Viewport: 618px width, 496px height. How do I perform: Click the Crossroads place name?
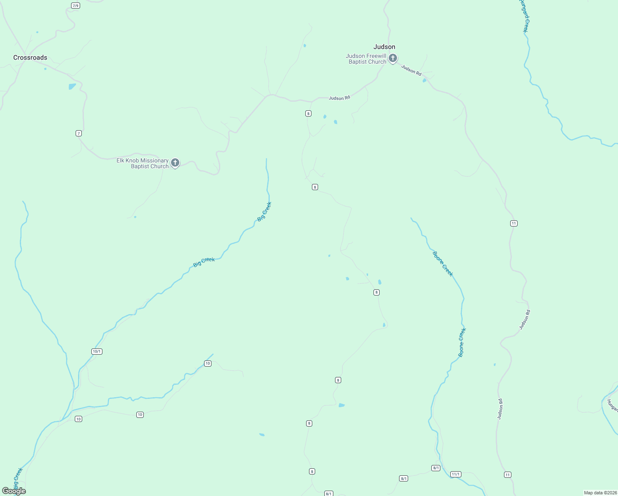point(30,57)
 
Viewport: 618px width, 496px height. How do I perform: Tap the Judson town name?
point(384,47)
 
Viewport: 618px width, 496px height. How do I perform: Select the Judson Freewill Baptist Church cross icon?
point(393,58)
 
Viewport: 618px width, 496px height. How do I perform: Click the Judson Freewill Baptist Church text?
point(366,59)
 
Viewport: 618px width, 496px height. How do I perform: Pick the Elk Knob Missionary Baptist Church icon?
point(175,163)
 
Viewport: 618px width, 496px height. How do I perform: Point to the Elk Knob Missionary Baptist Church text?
point(143,163)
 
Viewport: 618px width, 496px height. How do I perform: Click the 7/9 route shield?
point(75,5)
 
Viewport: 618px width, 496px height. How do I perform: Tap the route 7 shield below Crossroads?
point(78,133)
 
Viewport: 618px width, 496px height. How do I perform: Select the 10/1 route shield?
point(97,351)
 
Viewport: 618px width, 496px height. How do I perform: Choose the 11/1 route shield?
point(456,474)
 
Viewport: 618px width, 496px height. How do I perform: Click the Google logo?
point(14,491)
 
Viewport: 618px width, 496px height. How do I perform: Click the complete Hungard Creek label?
point(524,16)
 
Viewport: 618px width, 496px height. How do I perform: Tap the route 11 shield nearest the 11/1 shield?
point(508,475)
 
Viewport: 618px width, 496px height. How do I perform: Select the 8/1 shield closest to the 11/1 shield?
point(436,468)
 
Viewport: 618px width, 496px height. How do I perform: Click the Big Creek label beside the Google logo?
point(18,478)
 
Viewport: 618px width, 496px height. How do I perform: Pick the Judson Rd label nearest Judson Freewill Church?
point(411,70)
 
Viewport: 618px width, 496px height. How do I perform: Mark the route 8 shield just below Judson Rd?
point(308,113)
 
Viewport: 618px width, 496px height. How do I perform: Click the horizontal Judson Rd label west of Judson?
point(339,98)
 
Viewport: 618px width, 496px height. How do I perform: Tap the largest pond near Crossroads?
point(72,86)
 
